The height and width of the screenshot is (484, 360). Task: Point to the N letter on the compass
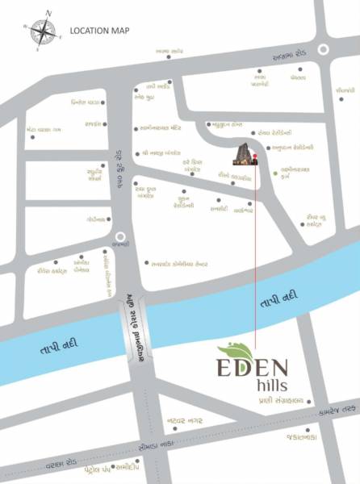click(x=49, y=13)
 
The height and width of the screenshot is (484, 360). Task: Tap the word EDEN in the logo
click(x=255, y=367)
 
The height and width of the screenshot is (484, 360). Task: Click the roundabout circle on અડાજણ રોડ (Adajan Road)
click(x=324, y=49)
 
